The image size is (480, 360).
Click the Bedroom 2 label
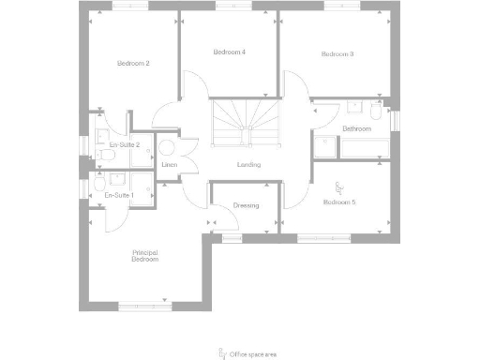[134, 63]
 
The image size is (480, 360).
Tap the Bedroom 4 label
[229, 52]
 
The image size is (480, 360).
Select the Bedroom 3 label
[337, 54]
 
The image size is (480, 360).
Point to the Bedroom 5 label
[338, 202]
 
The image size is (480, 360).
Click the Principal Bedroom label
[144, 255]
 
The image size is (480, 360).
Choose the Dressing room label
[246, 205]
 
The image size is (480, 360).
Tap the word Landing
[248, 165]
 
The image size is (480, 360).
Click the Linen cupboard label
[170, 165]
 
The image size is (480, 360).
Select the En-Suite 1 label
[119, 195]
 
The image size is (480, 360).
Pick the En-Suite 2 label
[124, 145]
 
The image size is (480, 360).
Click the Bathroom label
[357, 128]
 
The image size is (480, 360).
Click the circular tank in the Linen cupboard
[169, 147]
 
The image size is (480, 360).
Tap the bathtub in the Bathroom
[366, 148]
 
